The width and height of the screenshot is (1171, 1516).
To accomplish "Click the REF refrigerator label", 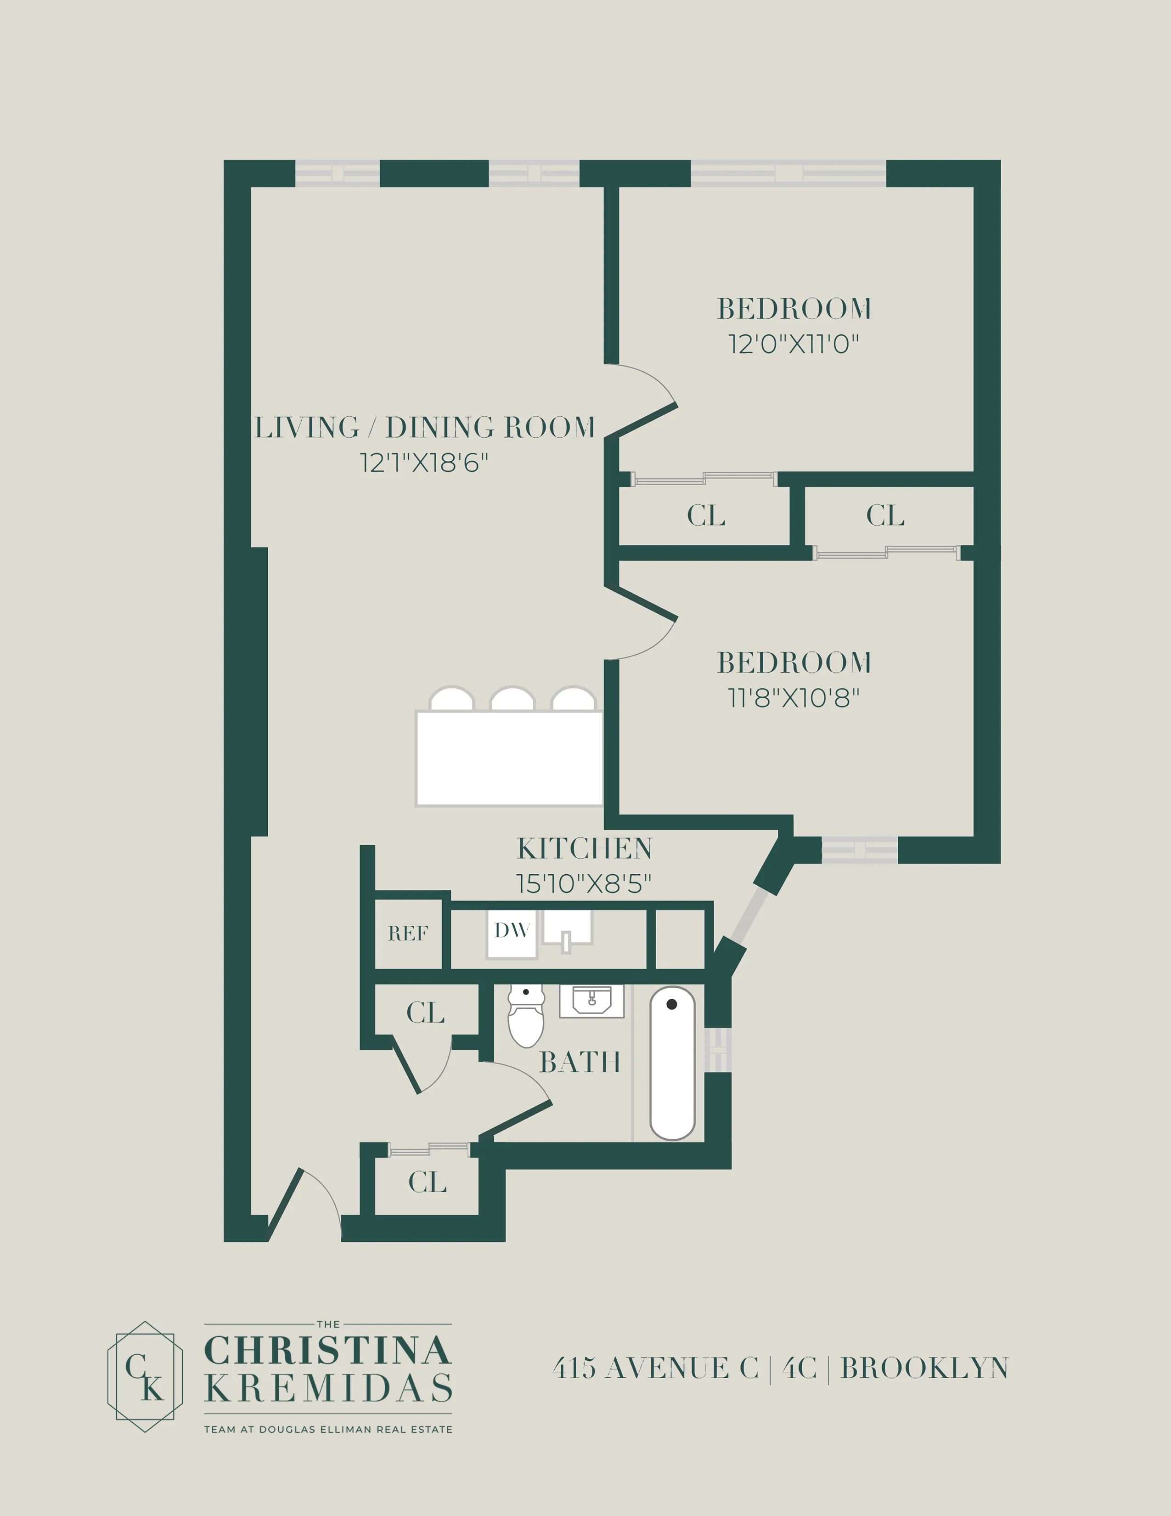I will click(408, 933).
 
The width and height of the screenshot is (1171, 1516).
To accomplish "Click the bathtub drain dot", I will click(671, 1004).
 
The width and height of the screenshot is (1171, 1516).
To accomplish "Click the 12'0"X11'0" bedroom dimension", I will click(793, 344).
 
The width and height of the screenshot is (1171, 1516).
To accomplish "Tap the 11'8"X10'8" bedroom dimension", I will click(793, 698).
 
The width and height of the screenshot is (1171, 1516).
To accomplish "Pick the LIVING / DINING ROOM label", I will click(425, 428).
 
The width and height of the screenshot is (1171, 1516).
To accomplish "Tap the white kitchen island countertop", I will click(508, 758).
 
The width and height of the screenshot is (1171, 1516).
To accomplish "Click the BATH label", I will click(579, 1063).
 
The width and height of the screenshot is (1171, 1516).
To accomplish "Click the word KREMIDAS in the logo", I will click(328, 1389).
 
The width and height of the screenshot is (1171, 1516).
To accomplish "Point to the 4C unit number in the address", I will click(799, 1368).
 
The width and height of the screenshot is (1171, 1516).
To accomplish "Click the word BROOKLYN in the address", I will click(924, 1368).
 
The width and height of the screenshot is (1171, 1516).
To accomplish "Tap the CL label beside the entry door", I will click(427, 1182).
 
